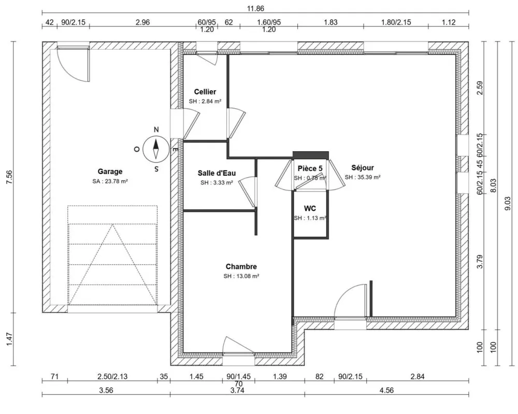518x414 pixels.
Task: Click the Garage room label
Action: click(x=110, y=172)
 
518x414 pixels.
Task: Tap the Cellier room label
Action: click(x=205, y=92)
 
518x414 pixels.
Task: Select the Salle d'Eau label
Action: click(x=217, y=173)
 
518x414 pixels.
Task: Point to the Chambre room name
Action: click(x=241, y=266)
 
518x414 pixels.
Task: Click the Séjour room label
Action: click(x=362, y=167)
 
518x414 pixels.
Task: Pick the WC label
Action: click(x=310, y=208)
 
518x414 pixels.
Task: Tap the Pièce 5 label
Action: click(x=310, y=168)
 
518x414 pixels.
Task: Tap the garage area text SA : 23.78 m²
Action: click(x=110, y=181)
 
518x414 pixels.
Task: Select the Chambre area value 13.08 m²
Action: click(x=241, y=276)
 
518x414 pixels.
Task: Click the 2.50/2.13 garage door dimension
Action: click(x=112, y=377)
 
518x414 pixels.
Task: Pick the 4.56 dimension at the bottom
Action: click(x=386, y=391)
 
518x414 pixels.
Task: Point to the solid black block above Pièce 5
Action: click(x=310, y=155)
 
